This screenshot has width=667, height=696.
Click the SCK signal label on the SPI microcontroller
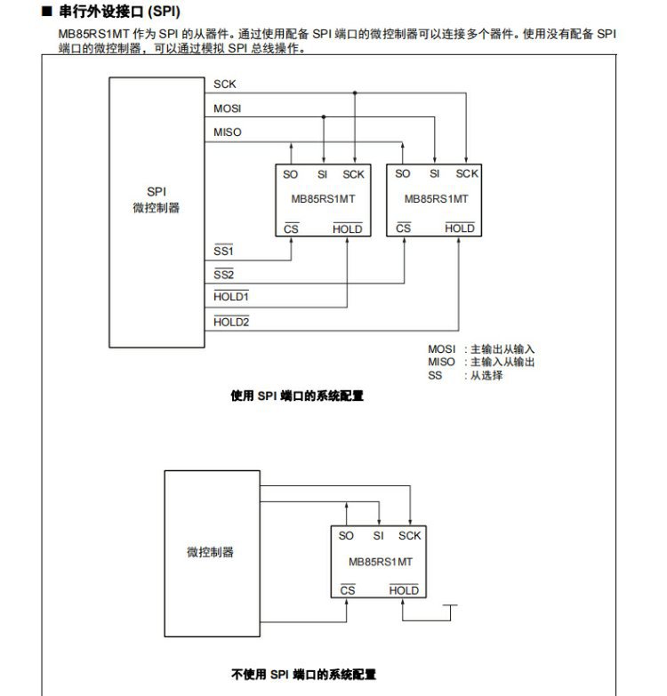225,84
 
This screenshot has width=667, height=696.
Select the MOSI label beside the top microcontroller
228,108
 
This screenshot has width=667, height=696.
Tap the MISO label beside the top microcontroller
228,132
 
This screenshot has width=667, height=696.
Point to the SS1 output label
223,252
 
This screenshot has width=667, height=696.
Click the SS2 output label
223,275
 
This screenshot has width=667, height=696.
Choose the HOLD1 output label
231,297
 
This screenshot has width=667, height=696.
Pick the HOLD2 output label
231,322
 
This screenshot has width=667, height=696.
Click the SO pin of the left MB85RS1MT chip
291,174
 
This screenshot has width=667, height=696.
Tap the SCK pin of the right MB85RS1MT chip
467,173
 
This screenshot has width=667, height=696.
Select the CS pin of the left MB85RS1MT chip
291,229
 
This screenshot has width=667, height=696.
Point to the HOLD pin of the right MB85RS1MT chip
459,228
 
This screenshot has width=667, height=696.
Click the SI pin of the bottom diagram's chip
378,535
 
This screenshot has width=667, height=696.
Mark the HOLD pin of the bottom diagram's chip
404,590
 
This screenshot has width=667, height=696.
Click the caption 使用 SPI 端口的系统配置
297,396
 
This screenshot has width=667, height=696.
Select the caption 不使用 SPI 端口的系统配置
303,675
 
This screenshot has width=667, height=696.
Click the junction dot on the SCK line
355,92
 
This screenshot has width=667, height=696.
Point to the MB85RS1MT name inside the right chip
436,199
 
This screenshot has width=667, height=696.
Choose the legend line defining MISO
481,362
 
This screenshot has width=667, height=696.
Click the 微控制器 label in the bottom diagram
211,552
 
